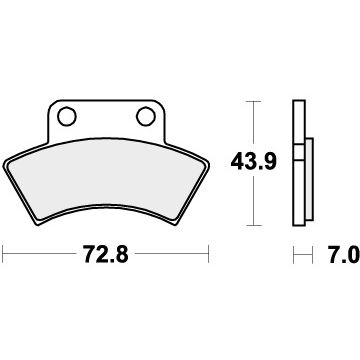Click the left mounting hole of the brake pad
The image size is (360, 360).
pos(68,116)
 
